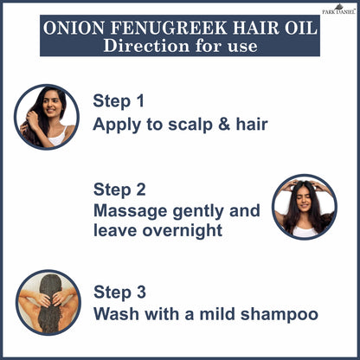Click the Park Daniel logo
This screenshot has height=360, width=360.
pyautogui.click(x=338, y=9)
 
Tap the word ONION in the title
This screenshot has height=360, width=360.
pyautogui.click(x=74, y=28)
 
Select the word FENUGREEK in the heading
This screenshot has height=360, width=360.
pyautogui.click(x=169, y=28)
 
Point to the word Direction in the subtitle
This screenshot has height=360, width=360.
pyautogui.click(x=146, y=46)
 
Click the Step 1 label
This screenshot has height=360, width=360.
pyautogui.click(x=119, y=101)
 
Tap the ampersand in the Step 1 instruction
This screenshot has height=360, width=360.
pyautogui.click(x=224, y=124)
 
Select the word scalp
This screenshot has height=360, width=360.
pyautogui.click(x=190, y=125)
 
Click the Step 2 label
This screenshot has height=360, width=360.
pyautogui.click(x=119, y=190)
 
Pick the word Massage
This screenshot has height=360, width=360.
pyautogui.click(x=131, y=211)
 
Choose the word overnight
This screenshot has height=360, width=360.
pyautogui.click(x=183, y=230)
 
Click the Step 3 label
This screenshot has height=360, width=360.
pyautogui.click(x=119, y=292)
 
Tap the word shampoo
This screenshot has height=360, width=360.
pyautogui.click(x=280, y=314)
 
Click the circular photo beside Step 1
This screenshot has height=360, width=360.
pyautogui.click(x=47, y=117)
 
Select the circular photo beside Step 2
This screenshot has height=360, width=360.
pyautogui.click(x=305, y=207)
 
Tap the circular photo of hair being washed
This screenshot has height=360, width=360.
pyautogui.click(x=48, y=302)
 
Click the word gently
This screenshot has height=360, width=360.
pyautogui.click(x=198, y=212)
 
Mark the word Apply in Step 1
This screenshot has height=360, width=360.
pyautogui.click(x=117, y=125)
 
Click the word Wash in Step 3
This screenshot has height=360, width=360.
pyautogui.click(x=116, y=313)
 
